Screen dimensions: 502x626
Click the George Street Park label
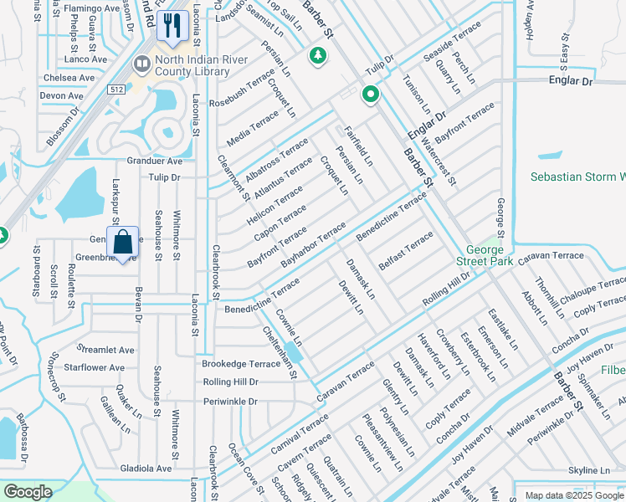(x=490, y=256)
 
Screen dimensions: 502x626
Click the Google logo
(x=28, y=492)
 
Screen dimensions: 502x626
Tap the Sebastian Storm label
(x=577, y=177)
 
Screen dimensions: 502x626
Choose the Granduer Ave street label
(x=154, y=161)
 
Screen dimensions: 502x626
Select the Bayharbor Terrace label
(x=313, y=245)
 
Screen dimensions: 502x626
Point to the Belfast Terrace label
(x=406, y=251)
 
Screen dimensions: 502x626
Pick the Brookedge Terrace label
(x=241, y=364)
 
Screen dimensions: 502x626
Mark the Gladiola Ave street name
(x=146, y=469)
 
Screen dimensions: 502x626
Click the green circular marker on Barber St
(x=369, y=95)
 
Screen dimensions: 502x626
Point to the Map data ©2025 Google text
(x=573, y=495)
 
